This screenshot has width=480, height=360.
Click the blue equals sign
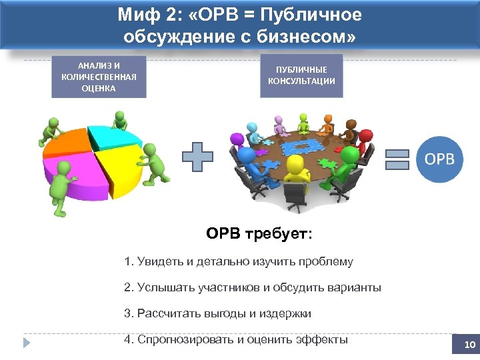pos(397,160)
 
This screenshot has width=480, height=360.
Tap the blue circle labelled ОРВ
pos(440,159)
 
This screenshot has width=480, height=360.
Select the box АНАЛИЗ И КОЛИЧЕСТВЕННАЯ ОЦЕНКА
pos(99,77)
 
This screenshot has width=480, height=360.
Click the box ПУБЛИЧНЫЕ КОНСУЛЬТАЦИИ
pos(301,76)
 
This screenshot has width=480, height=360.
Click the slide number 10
pos(469,345)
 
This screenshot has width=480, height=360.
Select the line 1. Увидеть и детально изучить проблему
pos(239,262)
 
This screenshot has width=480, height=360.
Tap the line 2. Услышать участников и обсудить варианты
pos(253,288)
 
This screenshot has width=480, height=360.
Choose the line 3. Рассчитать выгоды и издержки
pos(217,313)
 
